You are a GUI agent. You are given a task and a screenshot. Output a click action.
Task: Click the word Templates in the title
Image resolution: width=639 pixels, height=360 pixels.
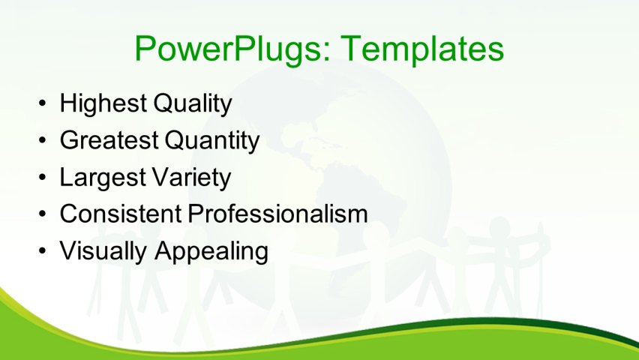[421, 49]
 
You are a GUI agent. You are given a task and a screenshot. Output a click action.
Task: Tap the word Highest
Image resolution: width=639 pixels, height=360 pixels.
[103, 103]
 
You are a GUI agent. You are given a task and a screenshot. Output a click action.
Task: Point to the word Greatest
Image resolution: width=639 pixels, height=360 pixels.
[109, 140]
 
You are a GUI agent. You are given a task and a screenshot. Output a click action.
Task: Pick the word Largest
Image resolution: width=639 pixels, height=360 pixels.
[101, 178]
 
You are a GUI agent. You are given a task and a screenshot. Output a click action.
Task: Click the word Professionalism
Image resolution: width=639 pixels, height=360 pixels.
[277, 214]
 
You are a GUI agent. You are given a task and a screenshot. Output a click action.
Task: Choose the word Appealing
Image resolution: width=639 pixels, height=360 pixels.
[211, 251]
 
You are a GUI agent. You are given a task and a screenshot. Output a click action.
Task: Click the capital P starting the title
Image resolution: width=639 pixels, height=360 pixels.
[145, 49]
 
